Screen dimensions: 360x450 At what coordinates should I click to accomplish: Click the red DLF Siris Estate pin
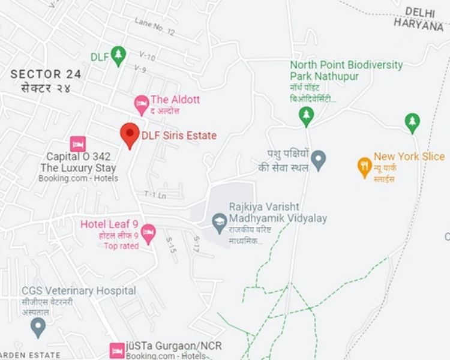[x=130, y=134]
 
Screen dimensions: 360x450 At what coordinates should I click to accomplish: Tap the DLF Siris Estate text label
[x=179, y=136]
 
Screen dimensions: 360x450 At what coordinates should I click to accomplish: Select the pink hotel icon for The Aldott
[x=141, y=104]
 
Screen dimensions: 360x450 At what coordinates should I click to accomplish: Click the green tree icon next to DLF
[x=118, y=56]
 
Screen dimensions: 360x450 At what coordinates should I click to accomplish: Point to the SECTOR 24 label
[x=46, y=74]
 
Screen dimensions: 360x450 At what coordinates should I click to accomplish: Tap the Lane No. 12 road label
[x=154, y=26]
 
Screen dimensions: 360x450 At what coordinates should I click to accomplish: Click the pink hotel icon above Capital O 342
[x=77, y=143]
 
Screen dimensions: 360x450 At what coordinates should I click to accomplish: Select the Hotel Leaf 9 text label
[x=109, y=224]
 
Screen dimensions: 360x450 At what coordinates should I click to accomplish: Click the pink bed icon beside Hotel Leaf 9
[x=148, y=230]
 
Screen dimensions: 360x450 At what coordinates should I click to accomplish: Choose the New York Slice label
[x=409, y=157]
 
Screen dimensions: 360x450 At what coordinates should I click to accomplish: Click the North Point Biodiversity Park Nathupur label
[x=346, y=70]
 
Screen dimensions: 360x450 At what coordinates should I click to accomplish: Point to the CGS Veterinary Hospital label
[x=79, y=290]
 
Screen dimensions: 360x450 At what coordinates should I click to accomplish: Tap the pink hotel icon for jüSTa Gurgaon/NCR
[x=117, y=350]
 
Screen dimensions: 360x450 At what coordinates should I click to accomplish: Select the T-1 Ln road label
[x=155, y=194]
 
